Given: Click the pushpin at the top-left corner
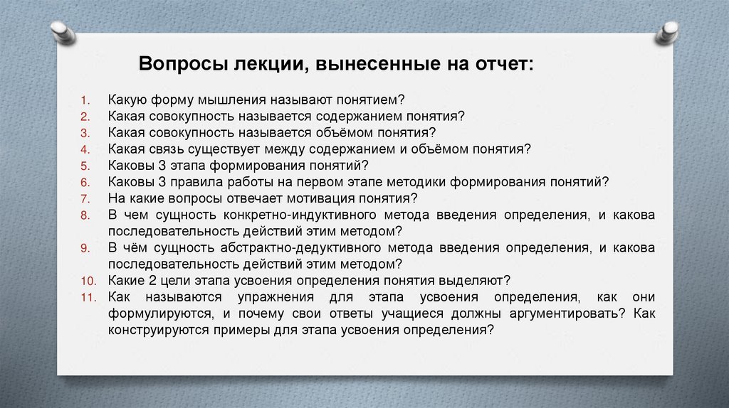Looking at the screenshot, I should tap(63, 31).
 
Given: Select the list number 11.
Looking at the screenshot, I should tap(87, 296).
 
